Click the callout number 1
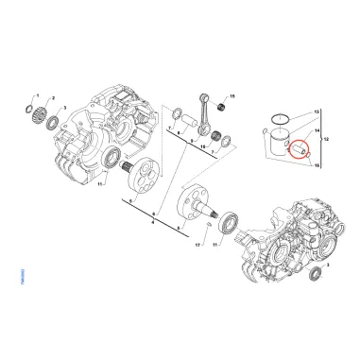click(37, 96)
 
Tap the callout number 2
click(52, 98)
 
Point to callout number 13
click(317, 111)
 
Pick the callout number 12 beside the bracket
click(326, 139)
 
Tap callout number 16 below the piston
click(317, 165)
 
